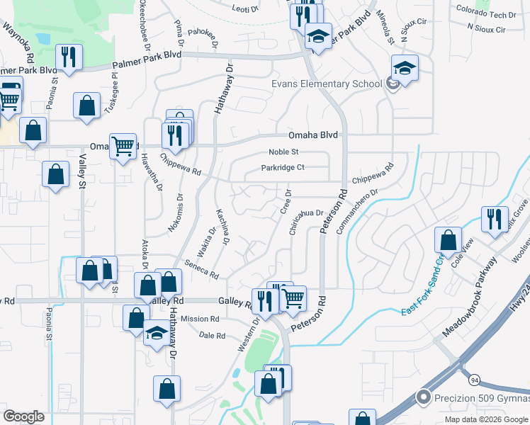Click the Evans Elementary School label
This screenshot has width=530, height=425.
(x=327, y=84)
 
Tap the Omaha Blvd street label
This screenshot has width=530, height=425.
(x=312, y=135)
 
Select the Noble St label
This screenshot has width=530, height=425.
(x=284, y=152)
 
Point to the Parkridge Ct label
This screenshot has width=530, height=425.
(x=282, y=168)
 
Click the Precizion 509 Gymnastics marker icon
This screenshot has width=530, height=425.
(x=424, y=397)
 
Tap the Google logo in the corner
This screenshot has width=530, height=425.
(x=23, y=416)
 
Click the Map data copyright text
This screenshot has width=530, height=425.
(x=487, y=419)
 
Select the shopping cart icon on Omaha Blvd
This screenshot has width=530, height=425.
(x=123, y=147)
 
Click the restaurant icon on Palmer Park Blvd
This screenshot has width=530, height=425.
(x=69, y=57)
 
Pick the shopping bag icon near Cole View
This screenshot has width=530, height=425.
(x=448, y=239)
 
